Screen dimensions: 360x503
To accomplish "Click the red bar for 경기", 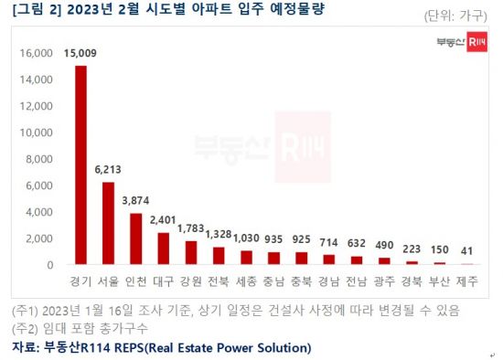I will point(80,165).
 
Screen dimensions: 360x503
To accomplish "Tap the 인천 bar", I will point(135,239).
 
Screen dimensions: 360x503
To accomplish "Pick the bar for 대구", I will point(163,249).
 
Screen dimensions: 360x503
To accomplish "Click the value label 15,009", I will point(81,53).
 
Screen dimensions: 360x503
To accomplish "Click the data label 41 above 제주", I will point(466,249).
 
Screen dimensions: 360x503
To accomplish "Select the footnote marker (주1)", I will point(27,309).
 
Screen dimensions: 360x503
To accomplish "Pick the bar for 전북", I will point(219,256).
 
